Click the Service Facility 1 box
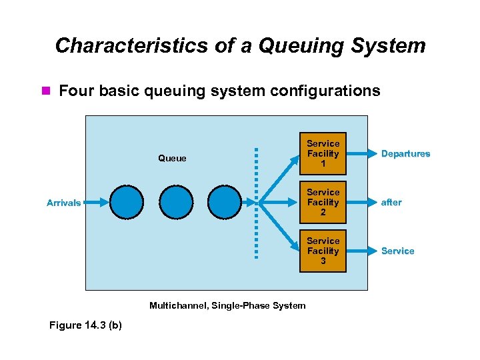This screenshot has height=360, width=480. point(323,153)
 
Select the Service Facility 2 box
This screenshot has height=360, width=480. point(323,202)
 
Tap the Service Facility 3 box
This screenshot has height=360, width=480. point(323,251)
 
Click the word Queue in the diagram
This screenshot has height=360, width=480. point(172,159)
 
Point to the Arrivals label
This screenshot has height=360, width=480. point(63,203)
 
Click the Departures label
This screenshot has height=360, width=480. point(405,154)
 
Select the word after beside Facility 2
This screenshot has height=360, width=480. point(391,203)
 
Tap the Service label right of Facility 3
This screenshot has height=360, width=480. point(397,251)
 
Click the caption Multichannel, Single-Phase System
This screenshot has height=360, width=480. point(227,305)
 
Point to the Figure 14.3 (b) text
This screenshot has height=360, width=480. point(85,325)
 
